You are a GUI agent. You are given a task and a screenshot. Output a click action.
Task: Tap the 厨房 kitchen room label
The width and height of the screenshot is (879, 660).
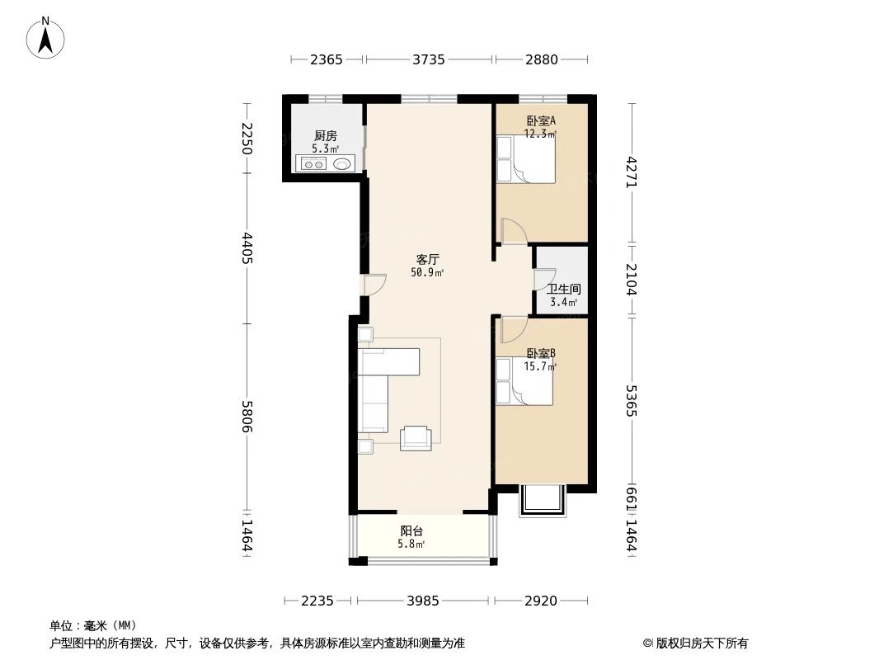(325, 136)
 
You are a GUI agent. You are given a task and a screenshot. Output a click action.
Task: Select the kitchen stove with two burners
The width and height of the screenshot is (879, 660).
(314, 164)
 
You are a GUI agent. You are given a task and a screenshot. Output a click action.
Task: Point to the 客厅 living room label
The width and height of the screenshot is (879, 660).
(427, 259)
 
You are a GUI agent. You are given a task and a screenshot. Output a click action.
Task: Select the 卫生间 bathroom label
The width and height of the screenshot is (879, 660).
(564, 290)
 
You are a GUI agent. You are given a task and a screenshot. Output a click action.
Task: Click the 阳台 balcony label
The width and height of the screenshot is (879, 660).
(411, 531)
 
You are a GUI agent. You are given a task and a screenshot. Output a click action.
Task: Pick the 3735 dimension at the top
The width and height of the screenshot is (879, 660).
(429, 59)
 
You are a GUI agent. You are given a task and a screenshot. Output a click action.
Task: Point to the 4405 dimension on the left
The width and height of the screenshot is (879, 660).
(247, 248)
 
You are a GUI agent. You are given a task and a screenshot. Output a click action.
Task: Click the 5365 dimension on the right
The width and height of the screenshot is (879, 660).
(632, 399)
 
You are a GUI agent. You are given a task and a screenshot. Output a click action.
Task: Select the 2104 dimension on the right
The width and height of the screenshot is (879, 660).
(632, 279)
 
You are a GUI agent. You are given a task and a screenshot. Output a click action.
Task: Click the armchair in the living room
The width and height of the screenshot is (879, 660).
(416, 438)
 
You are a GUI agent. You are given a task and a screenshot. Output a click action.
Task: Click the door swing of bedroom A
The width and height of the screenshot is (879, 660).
(513, 232)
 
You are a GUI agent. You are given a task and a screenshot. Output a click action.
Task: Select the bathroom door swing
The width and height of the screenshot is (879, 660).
(543, 280)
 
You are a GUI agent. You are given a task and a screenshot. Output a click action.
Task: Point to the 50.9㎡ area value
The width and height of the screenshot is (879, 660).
(427, 272)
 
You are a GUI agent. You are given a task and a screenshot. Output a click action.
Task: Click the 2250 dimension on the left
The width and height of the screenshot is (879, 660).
(247, 138)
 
